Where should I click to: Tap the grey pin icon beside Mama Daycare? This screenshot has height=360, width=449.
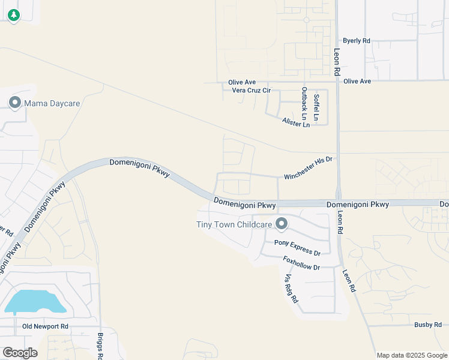(x=15, y=103)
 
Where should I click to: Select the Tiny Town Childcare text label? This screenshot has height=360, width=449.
(x=235, y=225)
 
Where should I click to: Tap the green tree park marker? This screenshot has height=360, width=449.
(x=13, y=15)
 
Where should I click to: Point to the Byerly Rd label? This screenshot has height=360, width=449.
(x=357, y=41)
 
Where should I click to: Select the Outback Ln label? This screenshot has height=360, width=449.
(x=304, y=101)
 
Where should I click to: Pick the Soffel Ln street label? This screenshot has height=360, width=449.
(x=317, y=105)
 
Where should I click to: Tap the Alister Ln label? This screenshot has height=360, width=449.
(x=296, y=122)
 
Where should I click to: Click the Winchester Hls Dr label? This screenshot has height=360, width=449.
(x=308, y=168)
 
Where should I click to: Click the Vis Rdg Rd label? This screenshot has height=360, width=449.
(x=291, y=288)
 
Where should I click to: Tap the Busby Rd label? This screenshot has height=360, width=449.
(x=428, y=324)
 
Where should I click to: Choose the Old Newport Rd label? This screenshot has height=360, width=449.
(x=46, y=326)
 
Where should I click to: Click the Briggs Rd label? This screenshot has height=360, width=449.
(x=99, y=344)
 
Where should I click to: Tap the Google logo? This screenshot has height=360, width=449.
(x=20, y=353)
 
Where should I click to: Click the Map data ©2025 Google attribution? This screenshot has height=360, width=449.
(x=412, y=355)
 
